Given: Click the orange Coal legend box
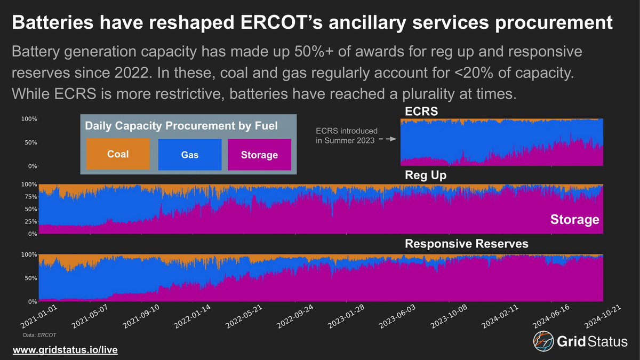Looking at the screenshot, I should click(118, 155).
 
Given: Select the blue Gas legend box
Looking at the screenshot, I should click(189, 155).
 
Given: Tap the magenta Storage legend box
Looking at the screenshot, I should click(259, 155).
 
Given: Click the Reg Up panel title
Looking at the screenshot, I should click(425, 175).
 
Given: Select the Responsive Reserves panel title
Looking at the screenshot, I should click(467, 244).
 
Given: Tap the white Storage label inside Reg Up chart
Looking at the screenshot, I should click(574, 220).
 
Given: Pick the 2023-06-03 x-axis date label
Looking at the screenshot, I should click(396, 319).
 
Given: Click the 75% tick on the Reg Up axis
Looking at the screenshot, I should click(30, 197).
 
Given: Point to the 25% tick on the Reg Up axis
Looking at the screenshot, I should click(30, 221).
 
